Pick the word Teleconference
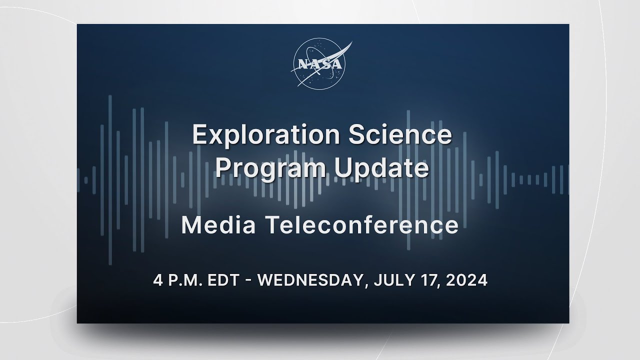click(x=361, y=225)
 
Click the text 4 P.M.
click(x=176, y=280)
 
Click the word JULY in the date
click(x=392, y=280)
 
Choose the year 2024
click(x=467, y=280)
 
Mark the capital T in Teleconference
click(x=270, y=225)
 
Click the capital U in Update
click(x=343, y=168)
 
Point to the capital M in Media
click(x=191, y=225)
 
